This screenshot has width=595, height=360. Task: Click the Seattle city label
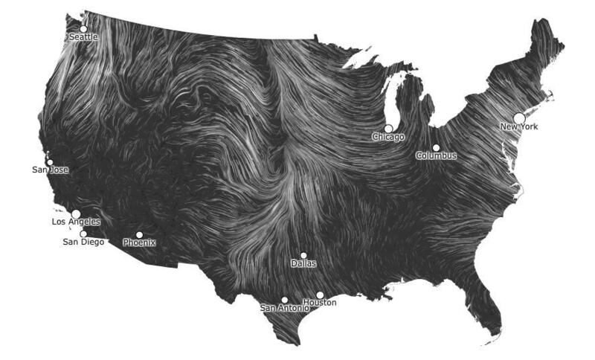[83, 37]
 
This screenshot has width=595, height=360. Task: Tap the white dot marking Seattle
[83, 28]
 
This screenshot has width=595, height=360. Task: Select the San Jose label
[50, 170]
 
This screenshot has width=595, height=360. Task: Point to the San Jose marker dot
[50, 162]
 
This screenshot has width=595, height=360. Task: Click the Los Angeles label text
[75, 222]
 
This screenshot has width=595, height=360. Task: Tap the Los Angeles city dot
[76, 213]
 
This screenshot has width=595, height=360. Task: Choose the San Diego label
[83, 242]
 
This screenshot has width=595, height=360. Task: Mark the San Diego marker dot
[83, 234]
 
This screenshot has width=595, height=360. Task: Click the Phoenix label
[139, 242]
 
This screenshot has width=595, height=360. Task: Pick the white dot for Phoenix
[139, 235]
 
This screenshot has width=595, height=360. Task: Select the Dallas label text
[303, 263]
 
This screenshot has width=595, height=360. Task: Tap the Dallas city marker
[303, 255]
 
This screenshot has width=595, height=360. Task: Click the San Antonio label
[283, 308]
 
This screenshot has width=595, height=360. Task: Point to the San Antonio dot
[284, 300]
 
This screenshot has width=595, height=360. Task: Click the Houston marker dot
[320, 295]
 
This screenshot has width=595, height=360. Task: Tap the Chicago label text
[388, 137]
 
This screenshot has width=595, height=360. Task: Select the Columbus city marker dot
[436, 147]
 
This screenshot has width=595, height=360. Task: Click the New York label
[518, 126]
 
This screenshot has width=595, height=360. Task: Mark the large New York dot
[519, 118]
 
